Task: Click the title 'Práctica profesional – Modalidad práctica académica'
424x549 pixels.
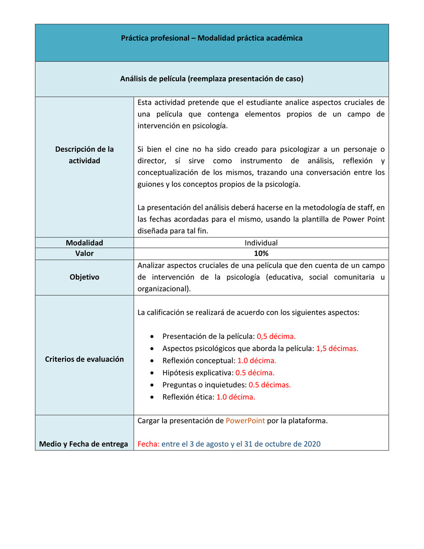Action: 212,38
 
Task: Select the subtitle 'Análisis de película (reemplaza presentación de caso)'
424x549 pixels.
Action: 212,79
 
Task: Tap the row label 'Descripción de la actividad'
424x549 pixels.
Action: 84,155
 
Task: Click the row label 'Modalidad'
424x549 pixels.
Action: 84,243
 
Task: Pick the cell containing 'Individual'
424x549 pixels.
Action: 261,243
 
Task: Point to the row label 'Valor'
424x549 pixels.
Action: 84,254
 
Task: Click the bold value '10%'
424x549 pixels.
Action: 261,254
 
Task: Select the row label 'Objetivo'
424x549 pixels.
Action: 84,277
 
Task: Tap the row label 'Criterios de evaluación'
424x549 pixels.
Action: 84,359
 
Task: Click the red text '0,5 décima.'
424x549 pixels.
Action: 276,336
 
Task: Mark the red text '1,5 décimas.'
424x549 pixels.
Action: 337,349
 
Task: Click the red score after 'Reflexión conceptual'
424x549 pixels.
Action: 257,361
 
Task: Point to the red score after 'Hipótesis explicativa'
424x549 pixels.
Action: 255,373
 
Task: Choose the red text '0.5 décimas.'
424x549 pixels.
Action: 269,385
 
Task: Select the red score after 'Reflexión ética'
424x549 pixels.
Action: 236,397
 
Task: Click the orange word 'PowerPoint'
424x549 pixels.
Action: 245,421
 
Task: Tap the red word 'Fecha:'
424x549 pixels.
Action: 148,444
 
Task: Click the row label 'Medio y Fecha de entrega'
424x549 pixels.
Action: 83,444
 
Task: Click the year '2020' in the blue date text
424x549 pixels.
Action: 312,444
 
